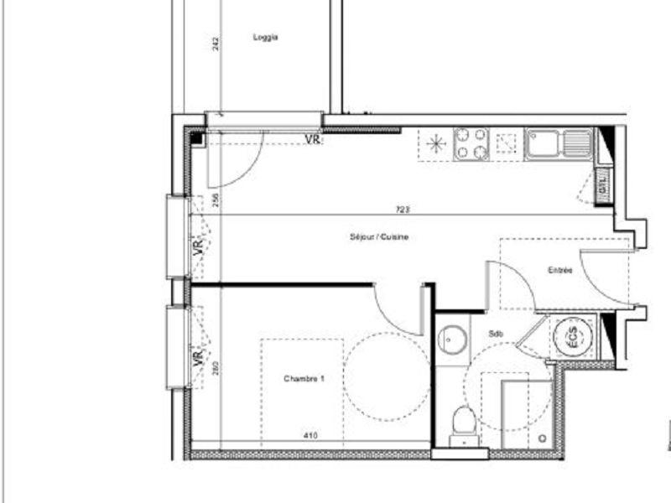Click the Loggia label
[265, 38]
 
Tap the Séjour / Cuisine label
[379, 237]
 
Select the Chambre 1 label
[304, 379]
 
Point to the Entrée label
[560, 270]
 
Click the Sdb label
[496, 334]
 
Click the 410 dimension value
[309, 435]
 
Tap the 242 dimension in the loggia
[216, 44]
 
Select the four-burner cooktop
[471, 143]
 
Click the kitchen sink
[558, 143]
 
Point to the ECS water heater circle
[574, 337]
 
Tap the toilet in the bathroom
[462, 423]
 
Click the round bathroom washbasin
[453, 339]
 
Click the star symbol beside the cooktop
[435, 143]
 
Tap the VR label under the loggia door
[312, 139]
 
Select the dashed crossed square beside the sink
[506, 143]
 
